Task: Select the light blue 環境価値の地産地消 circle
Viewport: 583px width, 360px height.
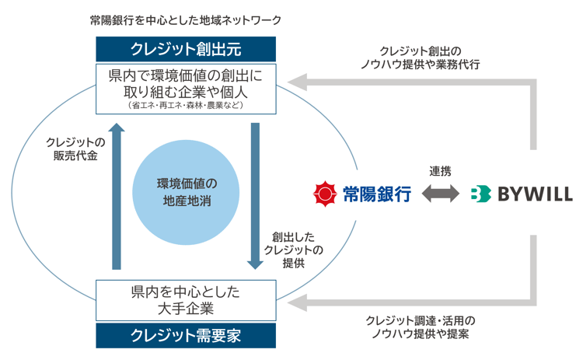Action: (x=185, y=192)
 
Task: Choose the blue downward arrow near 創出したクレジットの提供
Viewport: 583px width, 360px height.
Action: (x=254, y=194)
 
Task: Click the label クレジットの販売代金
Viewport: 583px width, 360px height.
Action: (x=75, y=148)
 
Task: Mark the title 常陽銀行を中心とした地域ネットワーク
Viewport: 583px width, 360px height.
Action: (x=185, y=17)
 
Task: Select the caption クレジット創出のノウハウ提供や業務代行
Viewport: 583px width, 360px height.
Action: (x=424, y=58)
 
